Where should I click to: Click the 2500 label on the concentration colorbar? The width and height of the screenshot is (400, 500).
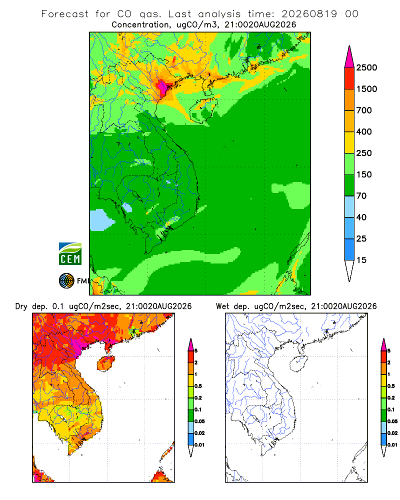point(366,67)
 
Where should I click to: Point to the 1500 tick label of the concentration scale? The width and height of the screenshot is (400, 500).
point(366,89)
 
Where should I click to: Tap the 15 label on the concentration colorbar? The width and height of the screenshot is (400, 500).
point(361,260)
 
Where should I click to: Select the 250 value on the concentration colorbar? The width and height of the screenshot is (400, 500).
point(364,153)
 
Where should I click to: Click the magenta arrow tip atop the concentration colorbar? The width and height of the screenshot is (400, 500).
point(349,57)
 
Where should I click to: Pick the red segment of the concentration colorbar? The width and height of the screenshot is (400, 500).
point(349,78)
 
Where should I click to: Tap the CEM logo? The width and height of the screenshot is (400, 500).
point(70,254)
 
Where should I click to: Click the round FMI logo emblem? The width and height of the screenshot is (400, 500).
point(66,281)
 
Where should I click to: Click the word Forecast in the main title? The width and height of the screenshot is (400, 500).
point(65,14)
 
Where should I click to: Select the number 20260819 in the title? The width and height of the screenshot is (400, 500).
point(309,14)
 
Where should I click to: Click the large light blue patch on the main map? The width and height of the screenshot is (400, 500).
point(101,219)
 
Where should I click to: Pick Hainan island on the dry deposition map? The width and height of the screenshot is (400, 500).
point(105,363)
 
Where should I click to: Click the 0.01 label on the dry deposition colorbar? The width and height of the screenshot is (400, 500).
point(199,445)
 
